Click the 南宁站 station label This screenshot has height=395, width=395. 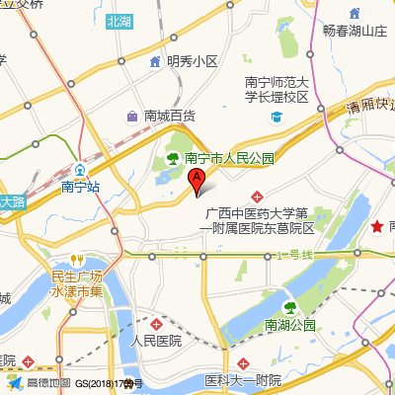pyautogui.click(x=80, y=185)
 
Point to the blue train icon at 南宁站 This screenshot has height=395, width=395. pyautogui.click(x=80, y=168)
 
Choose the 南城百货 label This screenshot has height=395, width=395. pyautogui.click(x=170, y=116)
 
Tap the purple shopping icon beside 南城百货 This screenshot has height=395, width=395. pyautogui.click(x=131, y=116)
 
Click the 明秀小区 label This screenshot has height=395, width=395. pyautogui.click(x=193, y=61)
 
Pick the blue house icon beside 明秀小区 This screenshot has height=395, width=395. pyautogui.click(x=154, y=61)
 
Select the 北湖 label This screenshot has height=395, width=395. pyautogui.click(x=118, y=20)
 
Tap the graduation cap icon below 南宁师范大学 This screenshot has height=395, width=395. pyautogui.click(x=277, y=117)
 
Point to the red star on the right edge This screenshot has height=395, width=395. pyautogui.click(x=376, y=226)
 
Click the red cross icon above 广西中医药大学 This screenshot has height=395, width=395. pyautogui.click(x=258, y=195)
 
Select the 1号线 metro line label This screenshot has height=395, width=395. pyautogui.click(x=294, y=255)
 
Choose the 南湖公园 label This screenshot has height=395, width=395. pyautogui.click(x=289, y=325)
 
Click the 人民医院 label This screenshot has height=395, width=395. pyautogui.click(x=156, y=341)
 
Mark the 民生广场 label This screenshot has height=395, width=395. pyautogui.click(x=77, y=276)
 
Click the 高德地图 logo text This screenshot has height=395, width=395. pyautogui.click(x=47, y=382)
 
